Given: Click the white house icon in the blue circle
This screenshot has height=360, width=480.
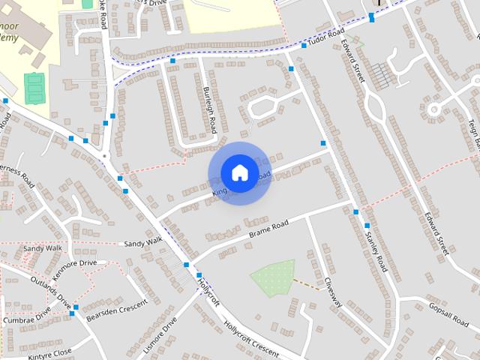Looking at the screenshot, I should [238, 172].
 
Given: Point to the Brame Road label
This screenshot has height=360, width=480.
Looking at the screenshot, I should [269, 226].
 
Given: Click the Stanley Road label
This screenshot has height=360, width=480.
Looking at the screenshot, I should [375, 250].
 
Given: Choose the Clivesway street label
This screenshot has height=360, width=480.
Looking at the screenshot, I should [332, 293].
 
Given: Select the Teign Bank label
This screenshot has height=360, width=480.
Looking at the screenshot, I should [472, 123].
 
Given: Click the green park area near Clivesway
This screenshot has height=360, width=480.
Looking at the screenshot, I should [271, 277].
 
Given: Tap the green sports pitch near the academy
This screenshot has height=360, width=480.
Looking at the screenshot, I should [34, 88].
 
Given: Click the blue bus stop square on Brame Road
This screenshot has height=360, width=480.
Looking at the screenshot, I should [355, 212].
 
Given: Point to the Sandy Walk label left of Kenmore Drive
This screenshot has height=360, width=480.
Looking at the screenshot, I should [42, 248].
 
